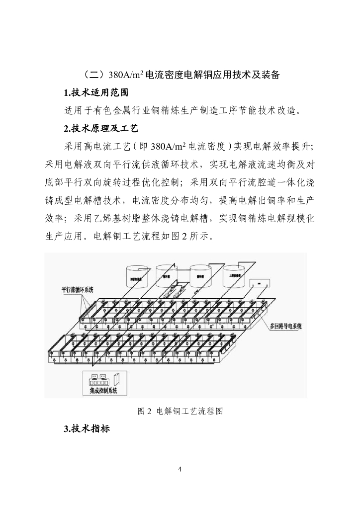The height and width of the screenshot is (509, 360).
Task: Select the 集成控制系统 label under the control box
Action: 99,391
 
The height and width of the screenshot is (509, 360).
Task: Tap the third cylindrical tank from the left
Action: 200,275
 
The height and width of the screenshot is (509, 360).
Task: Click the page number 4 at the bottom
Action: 180,469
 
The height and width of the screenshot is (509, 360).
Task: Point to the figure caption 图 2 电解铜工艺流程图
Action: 180,412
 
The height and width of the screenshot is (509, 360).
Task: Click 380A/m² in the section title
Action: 126,75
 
